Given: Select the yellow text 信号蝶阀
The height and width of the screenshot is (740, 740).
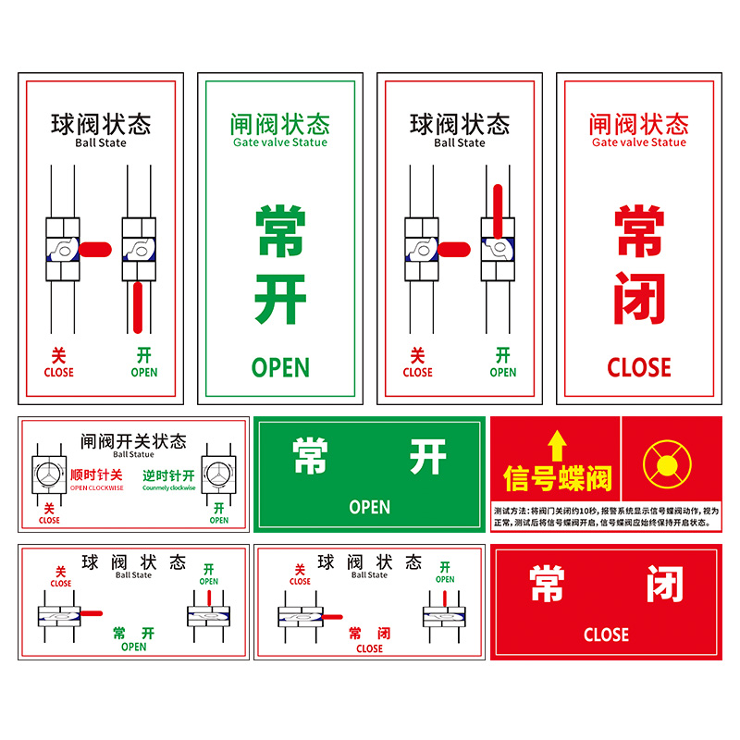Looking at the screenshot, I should coord(557,478).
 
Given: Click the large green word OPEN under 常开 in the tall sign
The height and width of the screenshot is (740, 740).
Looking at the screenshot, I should coord(280,367).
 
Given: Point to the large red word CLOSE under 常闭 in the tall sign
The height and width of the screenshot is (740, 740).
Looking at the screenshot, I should coord(638,367).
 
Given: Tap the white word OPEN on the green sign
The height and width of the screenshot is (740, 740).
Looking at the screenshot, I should coord(369,507).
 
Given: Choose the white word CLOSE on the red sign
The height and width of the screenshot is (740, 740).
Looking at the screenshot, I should coord(606,635).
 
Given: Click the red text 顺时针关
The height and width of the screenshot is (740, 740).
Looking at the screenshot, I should coord(96,475).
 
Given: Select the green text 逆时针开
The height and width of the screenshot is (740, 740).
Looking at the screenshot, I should coord(168,475).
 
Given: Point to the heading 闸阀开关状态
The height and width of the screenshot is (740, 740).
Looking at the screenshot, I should coord(133,441).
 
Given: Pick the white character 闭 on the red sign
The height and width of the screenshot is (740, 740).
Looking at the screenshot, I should coord(663,585).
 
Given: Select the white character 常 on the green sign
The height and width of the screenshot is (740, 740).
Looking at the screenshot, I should coord(312,456).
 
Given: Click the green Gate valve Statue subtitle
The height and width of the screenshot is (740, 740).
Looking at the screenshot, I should coord(279,142).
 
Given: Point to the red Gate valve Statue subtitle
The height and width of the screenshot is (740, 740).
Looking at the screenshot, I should coord(638,142).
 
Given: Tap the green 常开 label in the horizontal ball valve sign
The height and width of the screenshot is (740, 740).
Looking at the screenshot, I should coord(133,634).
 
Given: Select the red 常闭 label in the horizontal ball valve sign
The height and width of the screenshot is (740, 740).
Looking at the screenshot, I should coord(369,635).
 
